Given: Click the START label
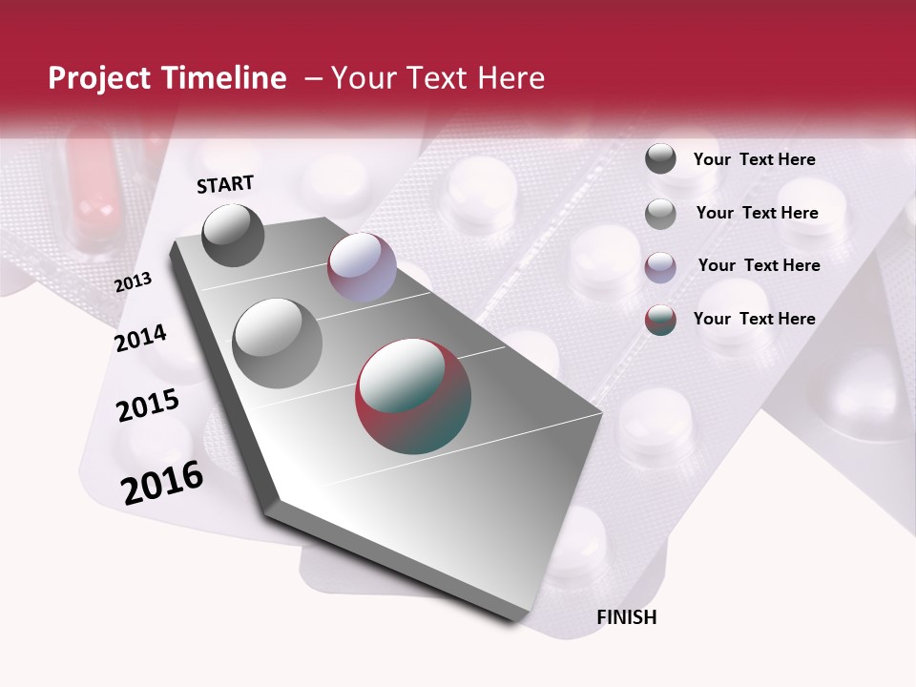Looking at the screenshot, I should click(225, 184).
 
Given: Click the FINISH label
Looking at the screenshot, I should click(626, 617).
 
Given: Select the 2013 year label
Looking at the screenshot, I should click(133, 281).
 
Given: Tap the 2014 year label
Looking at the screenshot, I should click(140, 338).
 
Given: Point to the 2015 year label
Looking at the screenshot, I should click(147, 406).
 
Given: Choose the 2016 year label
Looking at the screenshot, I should click(162, 483).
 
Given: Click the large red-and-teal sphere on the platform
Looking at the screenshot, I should click(413, 395).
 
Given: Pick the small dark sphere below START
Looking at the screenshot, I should click(234, 235).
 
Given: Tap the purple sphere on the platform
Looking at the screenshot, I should click(362, 267).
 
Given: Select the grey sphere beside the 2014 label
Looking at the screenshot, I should click(278, 343).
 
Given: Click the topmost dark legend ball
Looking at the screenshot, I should click(660, 159).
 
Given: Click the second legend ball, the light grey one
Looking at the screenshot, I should click(660, 214).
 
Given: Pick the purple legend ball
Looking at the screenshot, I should click(660, 266).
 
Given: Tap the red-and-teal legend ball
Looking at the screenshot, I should click(660, 320).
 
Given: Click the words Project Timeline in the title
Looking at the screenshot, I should click(167, 78).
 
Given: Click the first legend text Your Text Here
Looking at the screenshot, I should click(754, 159).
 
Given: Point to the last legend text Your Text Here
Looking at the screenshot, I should click(754, 319).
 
